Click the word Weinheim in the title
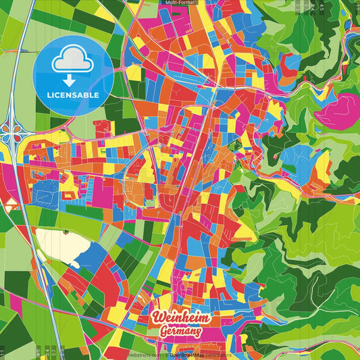[182, 318]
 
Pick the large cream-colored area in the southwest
[54, 244]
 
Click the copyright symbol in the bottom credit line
[165, 354]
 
